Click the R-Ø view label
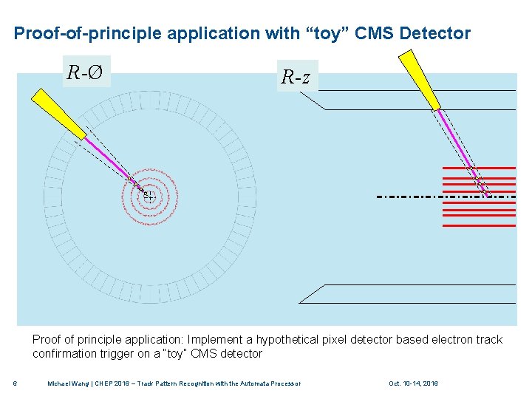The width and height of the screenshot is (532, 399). (86, 72)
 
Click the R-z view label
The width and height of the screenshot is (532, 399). (297, 76)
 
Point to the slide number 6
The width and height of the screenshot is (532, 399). (16, 383)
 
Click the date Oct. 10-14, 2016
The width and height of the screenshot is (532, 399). (413, 383)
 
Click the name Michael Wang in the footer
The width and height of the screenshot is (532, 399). (71, 383)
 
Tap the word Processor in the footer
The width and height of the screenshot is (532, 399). (284, 383)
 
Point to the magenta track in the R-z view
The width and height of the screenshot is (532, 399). (455, 141)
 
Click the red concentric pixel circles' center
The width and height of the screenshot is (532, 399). (149, 196)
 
